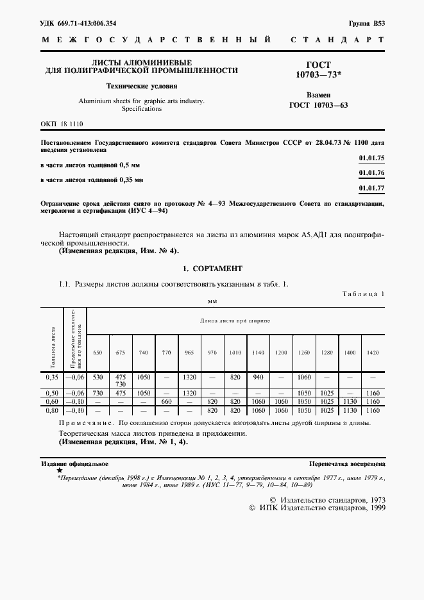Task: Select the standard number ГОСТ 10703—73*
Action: pyautogui.click(x=318, y=71)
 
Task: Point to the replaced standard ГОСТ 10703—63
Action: pyautogui.click(x=318, y=106)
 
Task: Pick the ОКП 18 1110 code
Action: pyautogui.click(x=62, y=124)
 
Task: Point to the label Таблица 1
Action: pyautogui.click(x=362, y=293)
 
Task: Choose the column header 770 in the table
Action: pyautogui.click(x=166, y=353)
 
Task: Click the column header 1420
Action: pyautogui.click(x=372, y=353)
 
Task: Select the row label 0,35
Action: pyautogui.click(x=52, y=378)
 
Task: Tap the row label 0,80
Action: pyautogui.click(x=52, y=410)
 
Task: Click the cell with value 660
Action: pyautogui.click(x=166, y=401)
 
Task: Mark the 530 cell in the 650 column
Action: pyautogui.click(x=98, y=378)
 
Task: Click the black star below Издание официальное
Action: pyautogui.click(x=60, y=470)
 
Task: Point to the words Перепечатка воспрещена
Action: pyautogui.click(x=346, y=463)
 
